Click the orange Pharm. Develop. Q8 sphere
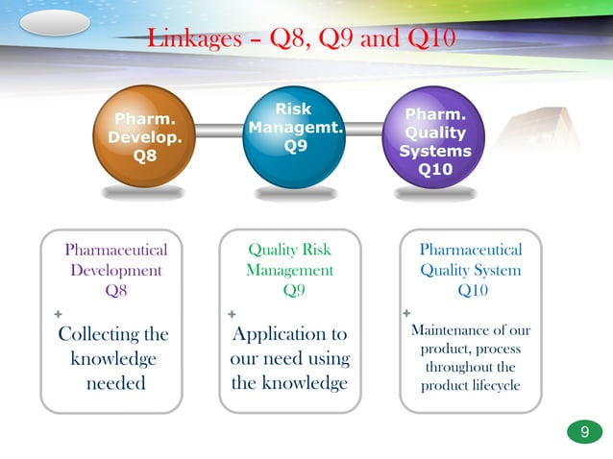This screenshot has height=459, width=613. [143, 138]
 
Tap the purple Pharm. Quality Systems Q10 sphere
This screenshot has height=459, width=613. [435, 140]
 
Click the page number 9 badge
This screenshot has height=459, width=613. [583, 433]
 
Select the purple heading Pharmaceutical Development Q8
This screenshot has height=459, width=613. [115, 270]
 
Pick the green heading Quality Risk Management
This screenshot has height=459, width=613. [289, 260]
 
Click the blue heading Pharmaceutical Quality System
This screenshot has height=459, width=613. [470, 260]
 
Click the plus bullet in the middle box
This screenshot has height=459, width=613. [231, 314]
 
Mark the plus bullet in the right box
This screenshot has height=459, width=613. [405, 313]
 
